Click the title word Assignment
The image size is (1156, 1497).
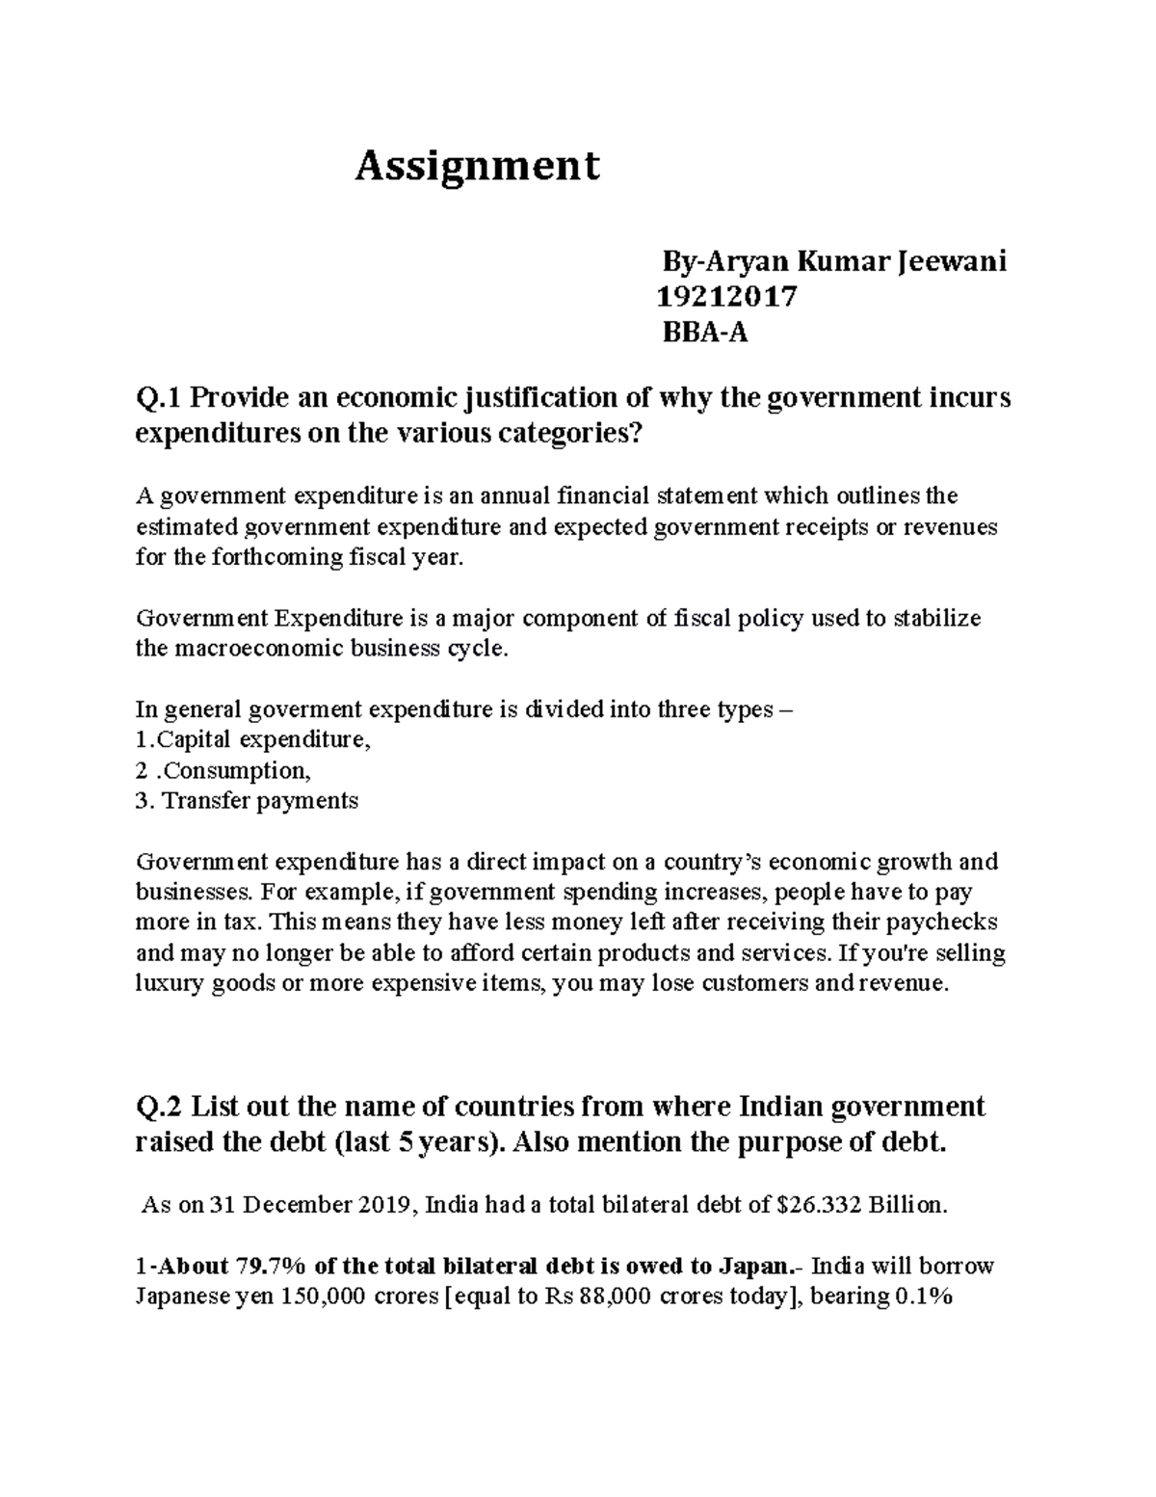pyautogui.click(x=477, y=166)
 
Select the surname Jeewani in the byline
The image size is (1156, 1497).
pyautogui.click(x=952, y=261)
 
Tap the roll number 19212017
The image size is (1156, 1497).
pyautogui.click(x=726, y=297)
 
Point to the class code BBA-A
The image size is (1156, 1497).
pyautogui.click(x=704, y=334)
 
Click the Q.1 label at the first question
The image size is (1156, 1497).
pyautogui.click(x=160, y=397)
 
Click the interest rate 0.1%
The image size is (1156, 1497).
pyautogui.click(x=923, y=1297)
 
